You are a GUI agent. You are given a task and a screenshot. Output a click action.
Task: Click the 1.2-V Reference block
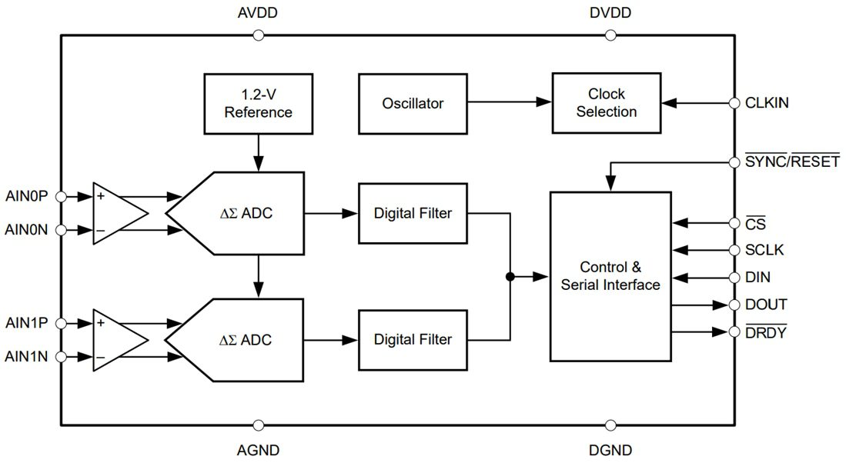[258, 103]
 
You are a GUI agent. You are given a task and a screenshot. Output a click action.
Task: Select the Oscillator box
[413, 103]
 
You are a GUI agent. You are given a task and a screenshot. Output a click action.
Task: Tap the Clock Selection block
[607, 103]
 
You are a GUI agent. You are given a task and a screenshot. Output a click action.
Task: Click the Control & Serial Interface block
[610, 276]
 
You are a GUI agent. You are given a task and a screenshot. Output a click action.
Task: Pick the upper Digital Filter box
[413, 213]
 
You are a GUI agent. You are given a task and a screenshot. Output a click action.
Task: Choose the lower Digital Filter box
[413, 339]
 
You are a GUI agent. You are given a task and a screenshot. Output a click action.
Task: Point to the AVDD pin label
[258, 14]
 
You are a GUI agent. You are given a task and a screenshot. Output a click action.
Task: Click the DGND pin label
[610, 450]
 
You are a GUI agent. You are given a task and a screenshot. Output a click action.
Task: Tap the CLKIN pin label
[767, 102]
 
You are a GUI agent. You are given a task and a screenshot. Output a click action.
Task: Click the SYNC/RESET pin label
[792, 162]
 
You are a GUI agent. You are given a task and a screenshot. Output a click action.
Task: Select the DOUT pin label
[766, 305]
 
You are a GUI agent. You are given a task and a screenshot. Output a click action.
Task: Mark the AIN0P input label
[26, 196]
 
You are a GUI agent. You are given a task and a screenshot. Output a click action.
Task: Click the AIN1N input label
[26, 357]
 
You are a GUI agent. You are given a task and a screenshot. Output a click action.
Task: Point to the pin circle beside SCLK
[734, 250]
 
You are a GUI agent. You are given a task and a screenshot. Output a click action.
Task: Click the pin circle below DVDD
[610, 35]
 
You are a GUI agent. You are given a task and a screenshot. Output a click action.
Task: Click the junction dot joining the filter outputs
[510, 276]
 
